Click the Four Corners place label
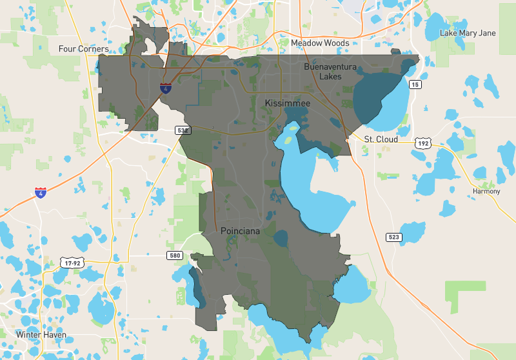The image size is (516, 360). tap(83, 49)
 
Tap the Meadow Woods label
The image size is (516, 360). tap(320, 43)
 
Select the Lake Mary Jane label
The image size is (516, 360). tap(468, 33)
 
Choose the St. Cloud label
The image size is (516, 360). tap(381, 139)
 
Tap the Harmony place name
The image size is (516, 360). tap(486, 192)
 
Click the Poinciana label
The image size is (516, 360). tap(241, 230)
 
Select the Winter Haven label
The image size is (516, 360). tap(41, 335)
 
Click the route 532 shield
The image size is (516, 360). tap(183, 130)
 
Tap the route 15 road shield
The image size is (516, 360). tap(415, 85)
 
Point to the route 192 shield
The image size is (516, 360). tap(422, 144)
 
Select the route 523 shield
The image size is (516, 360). tap(393, 237)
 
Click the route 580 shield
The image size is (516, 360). tap(175, 256)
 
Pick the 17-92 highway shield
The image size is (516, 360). tap(72, 263)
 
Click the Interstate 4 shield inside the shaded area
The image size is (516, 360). tap(166, 88)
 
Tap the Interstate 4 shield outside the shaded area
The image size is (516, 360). tap(41, 192)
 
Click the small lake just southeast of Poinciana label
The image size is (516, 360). tap(281, 239)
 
